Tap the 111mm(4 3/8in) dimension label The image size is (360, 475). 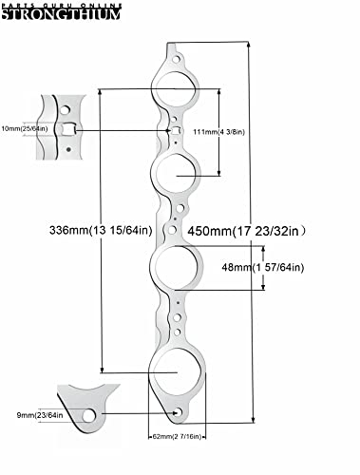tap(248, 131)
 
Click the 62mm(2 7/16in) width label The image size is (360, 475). tap(180, 437)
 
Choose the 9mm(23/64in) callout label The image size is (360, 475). tap(30, 415)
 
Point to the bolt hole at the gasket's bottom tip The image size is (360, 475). tap(180, 411)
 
